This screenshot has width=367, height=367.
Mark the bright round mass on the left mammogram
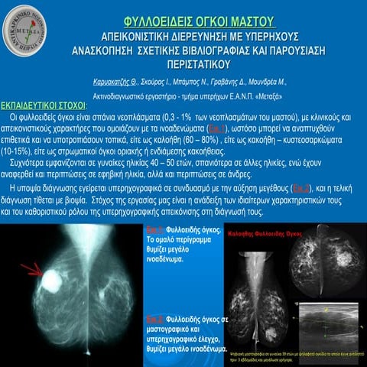coord(51,280)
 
